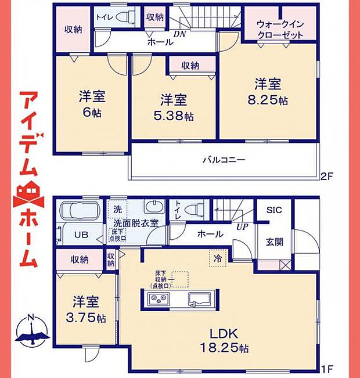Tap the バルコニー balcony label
click(224, 159)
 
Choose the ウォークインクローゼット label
click(280, 29)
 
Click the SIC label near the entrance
click(274, 211)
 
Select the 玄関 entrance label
click(274, 243)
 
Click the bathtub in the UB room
click(80, 210)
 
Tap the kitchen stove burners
click(158, 299)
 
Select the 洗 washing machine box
click(117, 209)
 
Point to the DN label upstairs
click(181, 34)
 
